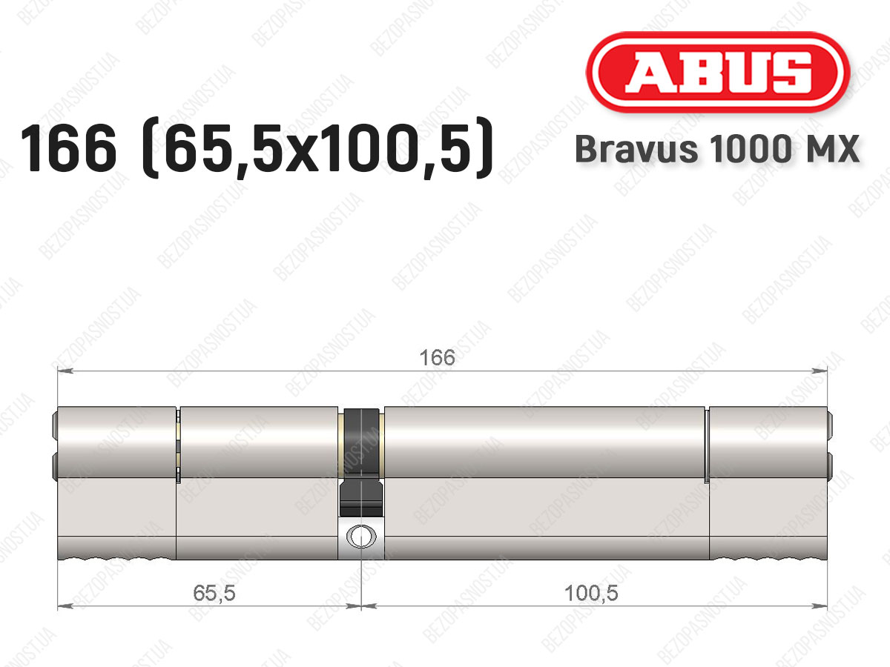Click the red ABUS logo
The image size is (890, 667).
[718, 72]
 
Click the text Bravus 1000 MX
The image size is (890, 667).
[717, 149]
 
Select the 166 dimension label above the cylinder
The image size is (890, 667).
[437, 358]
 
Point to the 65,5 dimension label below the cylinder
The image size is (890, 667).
[214, 594]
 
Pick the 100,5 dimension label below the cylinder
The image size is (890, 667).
[591, 594]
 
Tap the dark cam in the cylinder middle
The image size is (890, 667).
[362, 462]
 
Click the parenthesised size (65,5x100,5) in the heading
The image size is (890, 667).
[317, 148]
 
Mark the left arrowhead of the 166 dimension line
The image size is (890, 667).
[65, 371]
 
